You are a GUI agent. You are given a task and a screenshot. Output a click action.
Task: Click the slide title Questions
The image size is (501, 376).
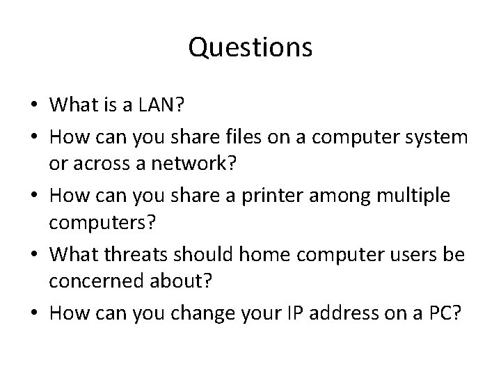pyautogui.click(x=250, y=47)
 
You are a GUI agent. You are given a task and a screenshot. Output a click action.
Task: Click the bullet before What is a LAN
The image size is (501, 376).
pyautogui.click(x=34, y=106)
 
